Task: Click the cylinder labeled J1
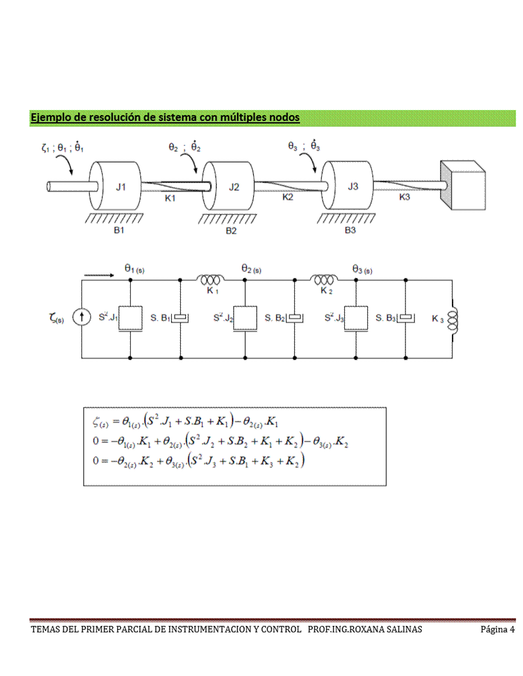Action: [116, 187]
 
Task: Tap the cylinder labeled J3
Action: [349, 186]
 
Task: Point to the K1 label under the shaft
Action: [170, 198]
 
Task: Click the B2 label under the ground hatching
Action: [231, 231]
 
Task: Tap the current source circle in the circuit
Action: [81, 317]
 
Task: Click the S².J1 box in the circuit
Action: [130, 318]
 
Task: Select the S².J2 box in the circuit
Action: [245, 318]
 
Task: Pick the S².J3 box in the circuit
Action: [356, 318]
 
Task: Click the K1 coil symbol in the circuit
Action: [212, 280]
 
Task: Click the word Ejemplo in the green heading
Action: [51, 118]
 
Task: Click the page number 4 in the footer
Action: [512, 630]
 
